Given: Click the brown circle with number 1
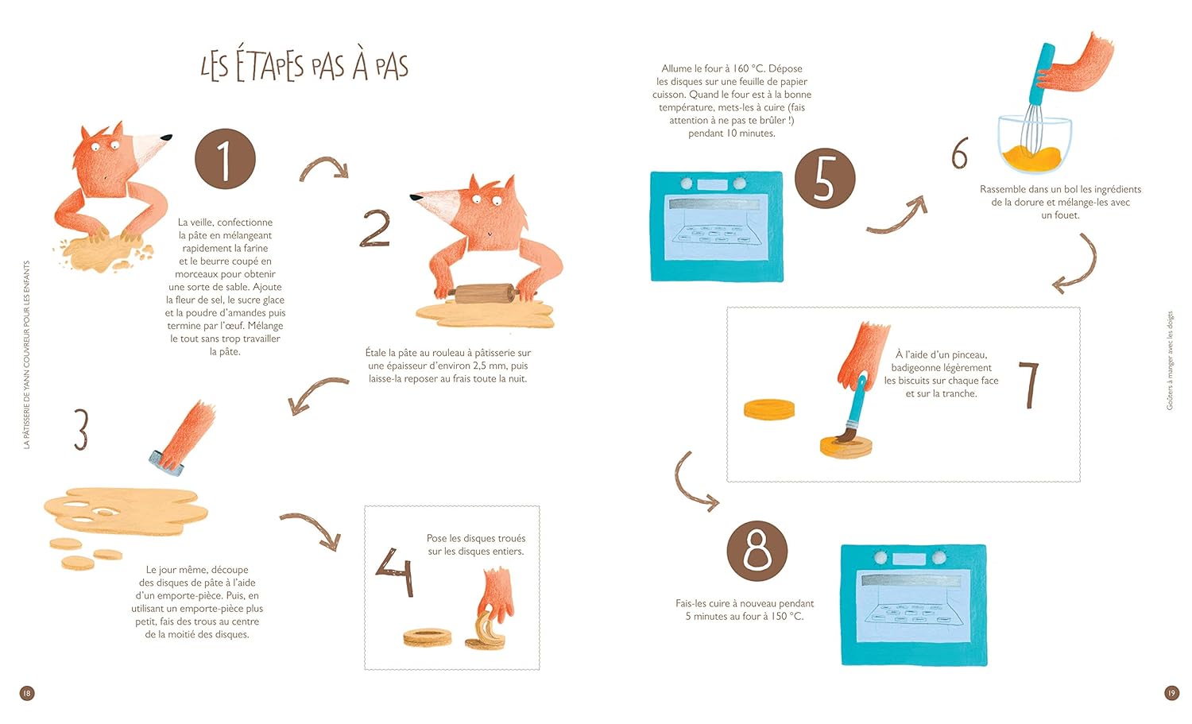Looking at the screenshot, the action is (x=225, y=159).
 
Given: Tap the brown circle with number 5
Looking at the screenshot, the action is (x=825, y=178).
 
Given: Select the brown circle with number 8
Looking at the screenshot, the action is (x=757, y=551).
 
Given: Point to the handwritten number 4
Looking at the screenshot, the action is (x=395, y=572).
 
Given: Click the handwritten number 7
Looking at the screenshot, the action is (x=1029, y=385).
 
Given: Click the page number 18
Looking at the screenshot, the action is (x=26, y=692).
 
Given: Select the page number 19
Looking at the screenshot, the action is (x=1171, y=692).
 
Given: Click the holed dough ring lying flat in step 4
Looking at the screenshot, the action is (x=428, y=637).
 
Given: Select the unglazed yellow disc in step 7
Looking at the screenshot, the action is (x=769, y=409).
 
